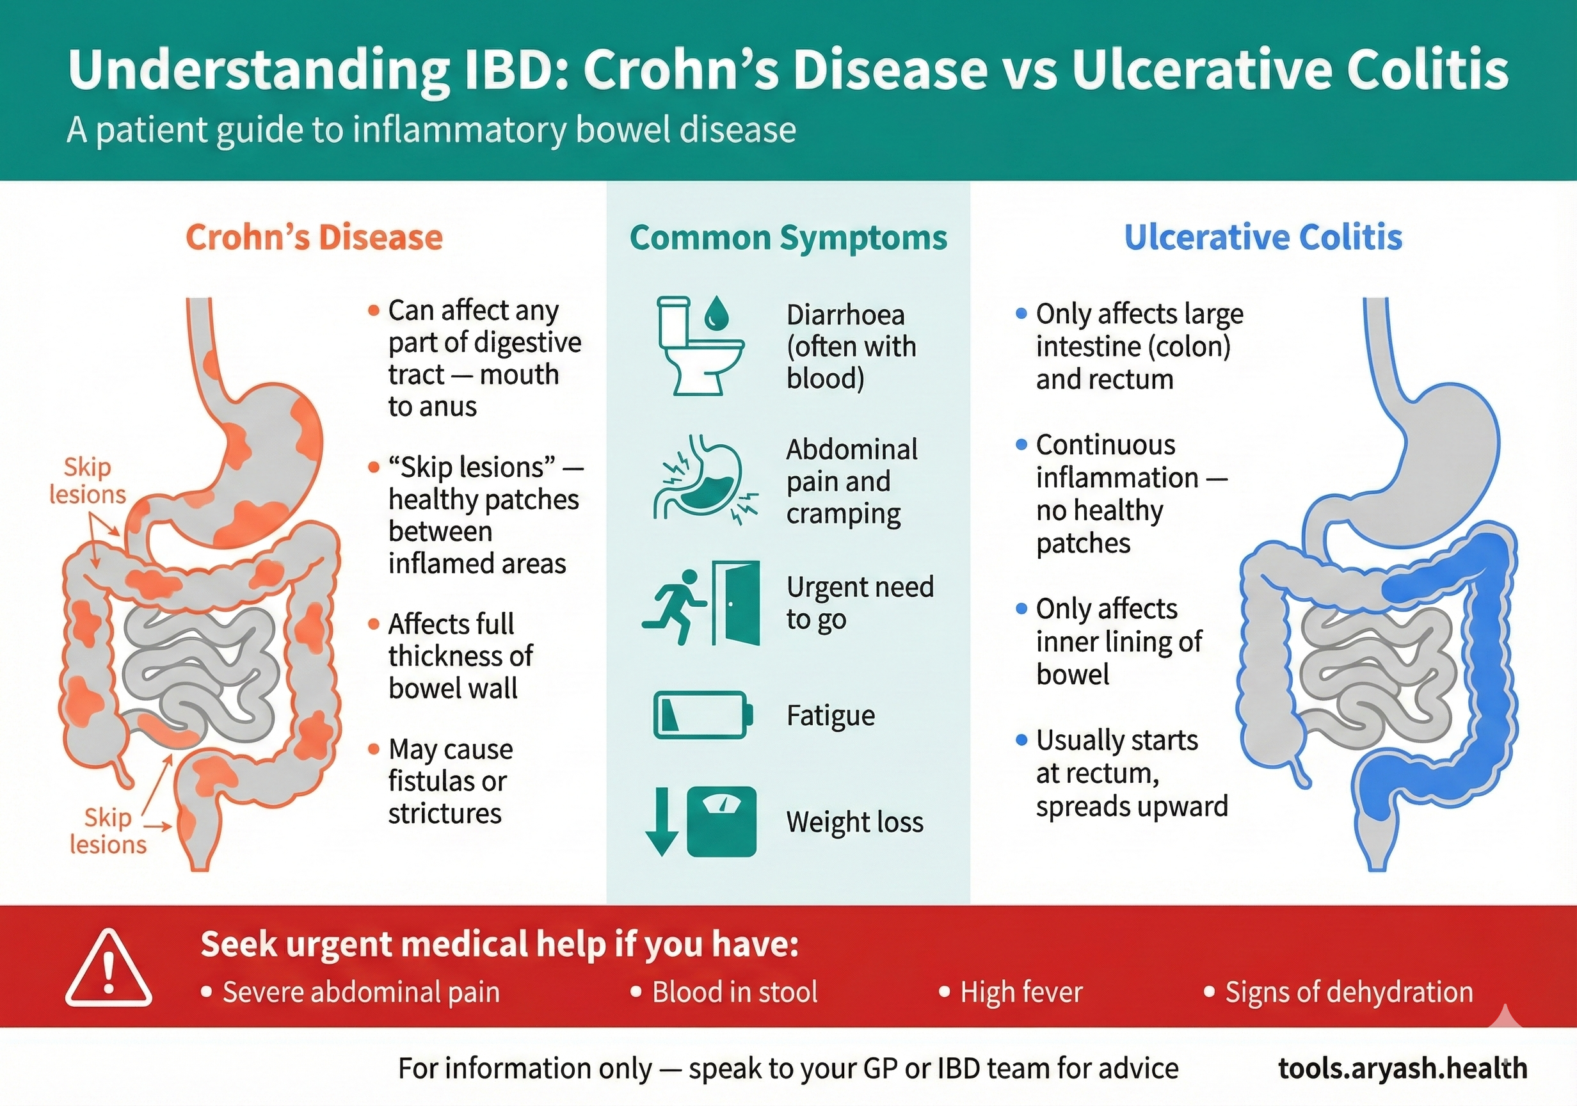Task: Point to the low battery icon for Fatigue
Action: (703, 714)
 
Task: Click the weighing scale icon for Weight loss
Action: (721, 822)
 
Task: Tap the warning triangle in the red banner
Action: (109, 968)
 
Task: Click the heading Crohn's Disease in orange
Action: (314, 237)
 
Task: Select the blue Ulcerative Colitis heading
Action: (1263, 237)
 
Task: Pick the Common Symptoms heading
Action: (788, 238)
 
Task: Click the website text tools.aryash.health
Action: (1402, 1068)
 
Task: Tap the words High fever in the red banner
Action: (1021, 992)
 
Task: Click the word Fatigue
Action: (830, 716)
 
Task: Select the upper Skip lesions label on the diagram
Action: (88, 481)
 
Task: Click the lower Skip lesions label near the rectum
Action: (108, 831)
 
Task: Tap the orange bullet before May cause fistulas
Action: (374, 749)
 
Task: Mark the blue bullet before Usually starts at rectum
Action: (1021, 740)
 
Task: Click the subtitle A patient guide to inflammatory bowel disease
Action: (431, 130)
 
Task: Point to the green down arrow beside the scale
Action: (661, 822)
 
